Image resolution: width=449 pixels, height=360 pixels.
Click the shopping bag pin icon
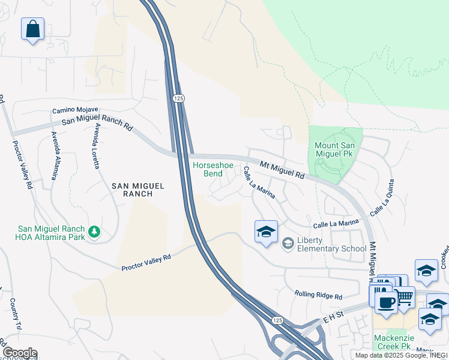(x=32, y=29)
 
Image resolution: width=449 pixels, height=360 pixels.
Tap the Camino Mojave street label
(x=75, y=110)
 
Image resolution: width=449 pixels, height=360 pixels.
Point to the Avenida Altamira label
(x=55, y=155)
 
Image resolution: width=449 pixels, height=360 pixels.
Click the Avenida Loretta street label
(x=95, y=146)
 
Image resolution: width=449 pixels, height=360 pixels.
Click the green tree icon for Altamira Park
(x=94, y=232)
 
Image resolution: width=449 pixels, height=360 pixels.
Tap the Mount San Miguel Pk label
(x=335, y=151)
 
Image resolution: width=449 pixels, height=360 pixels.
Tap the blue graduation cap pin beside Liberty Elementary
(x=266, y=232)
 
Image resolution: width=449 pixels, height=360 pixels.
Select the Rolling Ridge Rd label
(x=318, y=295)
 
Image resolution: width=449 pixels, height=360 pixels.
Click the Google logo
(x=19, y=353)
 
